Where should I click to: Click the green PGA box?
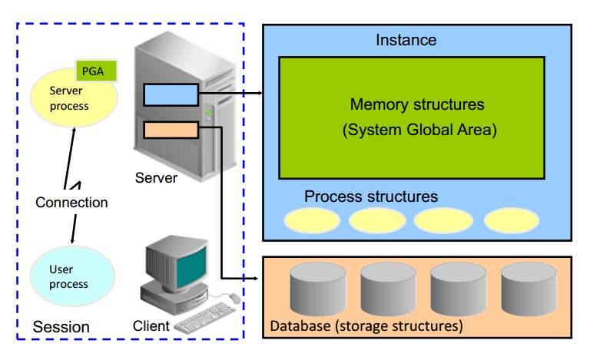[96, 71]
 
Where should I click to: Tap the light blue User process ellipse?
[71, 277]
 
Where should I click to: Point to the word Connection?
[71, 203]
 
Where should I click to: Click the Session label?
[61, 327]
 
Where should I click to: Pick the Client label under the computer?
[151, 325]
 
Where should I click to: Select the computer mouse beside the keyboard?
[234, 298]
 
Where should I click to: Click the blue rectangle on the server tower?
[171, 94]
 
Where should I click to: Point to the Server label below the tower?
[156, 178]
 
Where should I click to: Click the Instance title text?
[406, 40]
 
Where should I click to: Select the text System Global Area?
[419, 130]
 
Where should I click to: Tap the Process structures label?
[371, 197]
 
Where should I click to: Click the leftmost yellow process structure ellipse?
[312, 220]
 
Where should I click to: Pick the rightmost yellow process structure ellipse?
[512, 220]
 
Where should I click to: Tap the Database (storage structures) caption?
[366, 326]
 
